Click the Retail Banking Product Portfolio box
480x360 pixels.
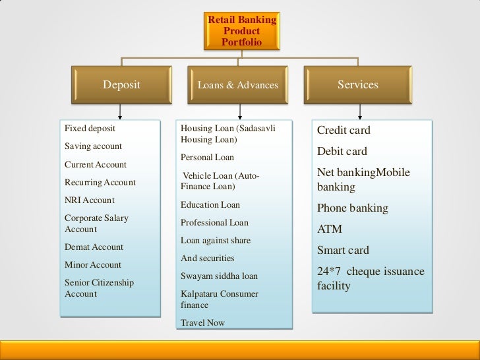pos(242,31)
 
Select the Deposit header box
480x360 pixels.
pos(121,85)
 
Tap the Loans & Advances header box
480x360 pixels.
pos(237,85)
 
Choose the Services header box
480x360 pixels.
pos(357,85)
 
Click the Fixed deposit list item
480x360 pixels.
pos(85,128)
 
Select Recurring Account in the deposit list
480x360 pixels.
pos(100,182)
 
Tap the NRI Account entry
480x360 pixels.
pos(89,200)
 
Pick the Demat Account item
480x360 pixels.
pos(94,247)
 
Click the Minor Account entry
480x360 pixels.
pos(93,264)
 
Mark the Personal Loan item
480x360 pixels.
pos(207,158)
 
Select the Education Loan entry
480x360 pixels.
pos(210,205)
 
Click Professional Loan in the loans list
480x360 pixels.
pos(214,223)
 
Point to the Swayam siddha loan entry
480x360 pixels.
pos(219,276)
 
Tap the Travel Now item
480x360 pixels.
pos(202,322)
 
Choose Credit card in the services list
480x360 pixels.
pos(344,131)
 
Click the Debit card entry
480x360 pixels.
pos(342,152)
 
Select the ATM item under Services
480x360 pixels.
pos(330,229)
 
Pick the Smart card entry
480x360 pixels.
pos(343,251)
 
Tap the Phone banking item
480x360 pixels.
pos(352,208)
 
